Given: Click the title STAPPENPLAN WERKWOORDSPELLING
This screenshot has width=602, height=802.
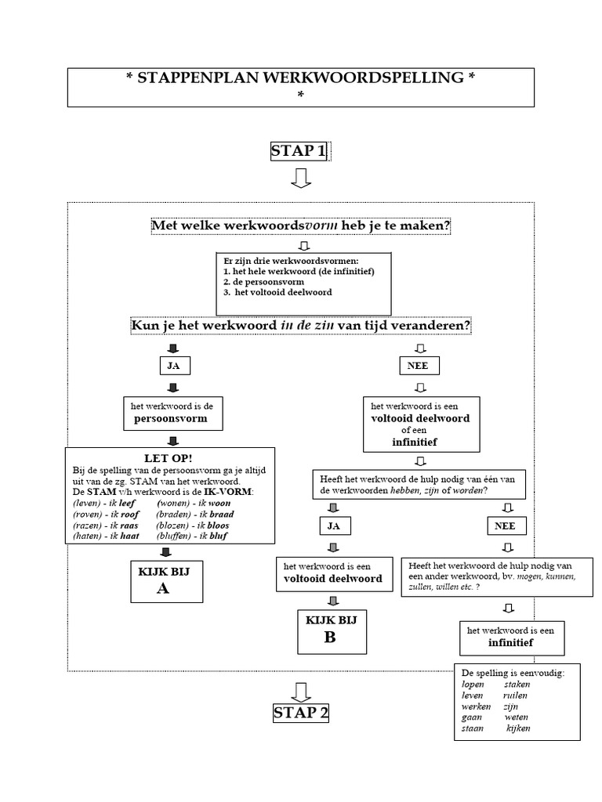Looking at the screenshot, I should pos(300,78).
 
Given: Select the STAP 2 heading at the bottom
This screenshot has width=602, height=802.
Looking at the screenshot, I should pos(301,713).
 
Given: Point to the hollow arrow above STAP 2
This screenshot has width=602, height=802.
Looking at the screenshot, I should pos(301,692).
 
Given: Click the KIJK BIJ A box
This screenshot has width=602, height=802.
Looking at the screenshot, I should pos(163,580).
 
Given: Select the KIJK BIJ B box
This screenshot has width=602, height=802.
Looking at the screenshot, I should pos(329,630).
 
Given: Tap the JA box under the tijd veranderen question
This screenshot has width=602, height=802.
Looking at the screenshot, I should pos(173,366).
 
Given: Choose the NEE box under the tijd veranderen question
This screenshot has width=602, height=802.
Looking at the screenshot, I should pos(421,366).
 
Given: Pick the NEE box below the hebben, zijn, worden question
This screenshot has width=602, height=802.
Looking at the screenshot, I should pos(506,526).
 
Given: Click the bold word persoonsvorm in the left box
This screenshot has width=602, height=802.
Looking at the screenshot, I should pos(173,419).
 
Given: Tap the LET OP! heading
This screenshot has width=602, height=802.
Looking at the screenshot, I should pos(169,457).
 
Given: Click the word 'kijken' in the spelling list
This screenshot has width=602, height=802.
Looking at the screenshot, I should pos(518,728).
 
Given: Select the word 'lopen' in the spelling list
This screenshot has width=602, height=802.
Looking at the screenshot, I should pos(473,684).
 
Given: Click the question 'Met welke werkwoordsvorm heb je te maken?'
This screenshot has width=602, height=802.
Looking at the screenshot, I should pos(301,226).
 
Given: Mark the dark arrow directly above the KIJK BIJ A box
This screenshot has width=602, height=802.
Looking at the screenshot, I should pos(165,551).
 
